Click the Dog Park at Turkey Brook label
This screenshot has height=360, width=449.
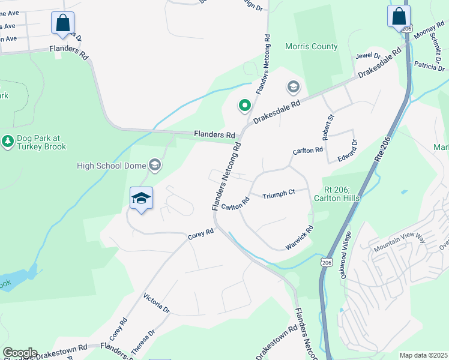click(x=41, y=142)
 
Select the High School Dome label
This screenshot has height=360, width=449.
click(x=112, y=165)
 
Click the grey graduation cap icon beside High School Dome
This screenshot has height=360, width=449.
click(x=155, y=165)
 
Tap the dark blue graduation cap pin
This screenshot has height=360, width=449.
click(x=141, y=199)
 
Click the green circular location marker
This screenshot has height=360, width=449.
click(x=245, y=106)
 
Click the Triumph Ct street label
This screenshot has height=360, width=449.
click(x=279, y=193)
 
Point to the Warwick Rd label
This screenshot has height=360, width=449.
click(x=300, y=238)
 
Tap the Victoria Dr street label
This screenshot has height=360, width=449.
click(x=157, y=304)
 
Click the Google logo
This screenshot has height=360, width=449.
click(x=20, y=353)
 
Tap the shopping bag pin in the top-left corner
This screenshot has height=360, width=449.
click(x=62, y=25)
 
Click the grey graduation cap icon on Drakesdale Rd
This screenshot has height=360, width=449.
click(x=293, y=88)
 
